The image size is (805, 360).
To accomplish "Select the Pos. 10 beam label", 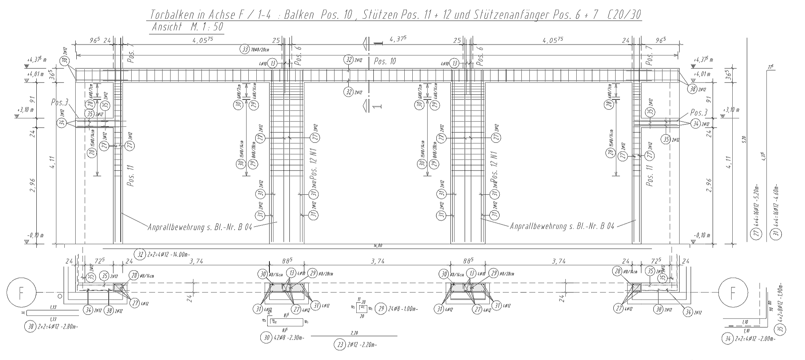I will (385, 61).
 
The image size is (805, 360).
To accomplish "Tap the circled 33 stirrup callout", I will (245, 49).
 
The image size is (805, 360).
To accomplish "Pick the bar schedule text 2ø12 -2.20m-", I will (362, 345).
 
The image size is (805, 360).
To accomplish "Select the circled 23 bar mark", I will (340, 345).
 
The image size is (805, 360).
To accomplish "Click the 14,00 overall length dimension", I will (378, 246).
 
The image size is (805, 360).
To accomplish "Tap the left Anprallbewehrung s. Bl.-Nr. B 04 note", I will (200, 227).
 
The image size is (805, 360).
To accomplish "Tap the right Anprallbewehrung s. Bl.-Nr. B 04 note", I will (562, 226).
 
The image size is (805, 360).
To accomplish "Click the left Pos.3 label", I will (60, 103).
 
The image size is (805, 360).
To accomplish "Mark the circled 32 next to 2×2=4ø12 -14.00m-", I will (140, 255).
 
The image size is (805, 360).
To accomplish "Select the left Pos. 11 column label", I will (131, 176).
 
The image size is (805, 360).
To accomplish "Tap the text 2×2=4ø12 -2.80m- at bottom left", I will (57, 327).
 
